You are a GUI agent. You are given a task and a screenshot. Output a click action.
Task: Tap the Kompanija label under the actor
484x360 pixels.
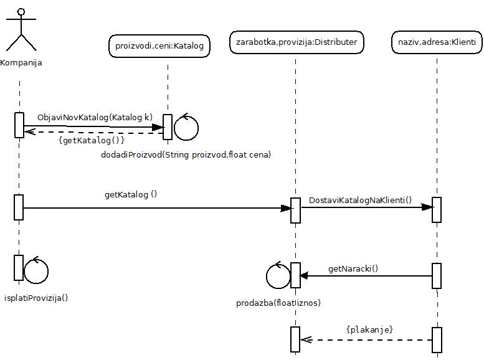pos(21,63)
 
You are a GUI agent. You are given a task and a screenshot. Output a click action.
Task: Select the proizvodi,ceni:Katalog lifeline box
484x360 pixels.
pos(160,45)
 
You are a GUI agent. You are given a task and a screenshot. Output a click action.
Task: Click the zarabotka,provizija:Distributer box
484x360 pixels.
pos(297,42)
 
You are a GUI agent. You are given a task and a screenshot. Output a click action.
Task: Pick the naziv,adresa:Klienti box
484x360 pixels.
pos(437,42)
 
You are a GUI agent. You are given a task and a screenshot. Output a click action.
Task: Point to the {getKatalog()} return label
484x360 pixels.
pos(92,141)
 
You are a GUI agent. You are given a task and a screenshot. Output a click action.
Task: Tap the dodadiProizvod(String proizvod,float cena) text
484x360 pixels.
pos(186,154)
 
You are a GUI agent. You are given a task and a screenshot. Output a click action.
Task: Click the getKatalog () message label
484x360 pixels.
pos(131,194)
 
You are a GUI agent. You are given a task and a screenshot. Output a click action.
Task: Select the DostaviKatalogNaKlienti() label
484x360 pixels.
pos(361,200)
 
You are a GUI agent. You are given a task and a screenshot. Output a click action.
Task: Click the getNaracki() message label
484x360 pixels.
pos(353,270)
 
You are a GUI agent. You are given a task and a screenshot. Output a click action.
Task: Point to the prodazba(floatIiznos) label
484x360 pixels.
pos(278,303)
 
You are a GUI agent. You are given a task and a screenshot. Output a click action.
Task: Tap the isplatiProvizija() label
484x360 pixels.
pos(36,297)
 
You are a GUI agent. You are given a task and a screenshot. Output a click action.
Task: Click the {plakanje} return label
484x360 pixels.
pos(369,329)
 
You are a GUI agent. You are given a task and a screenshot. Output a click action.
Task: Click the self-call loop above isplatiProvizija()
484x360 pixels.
pos(36,270)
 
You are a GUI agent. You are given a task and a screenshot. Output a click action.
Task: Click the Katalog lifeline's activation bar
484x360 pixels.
pos(167,127)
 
